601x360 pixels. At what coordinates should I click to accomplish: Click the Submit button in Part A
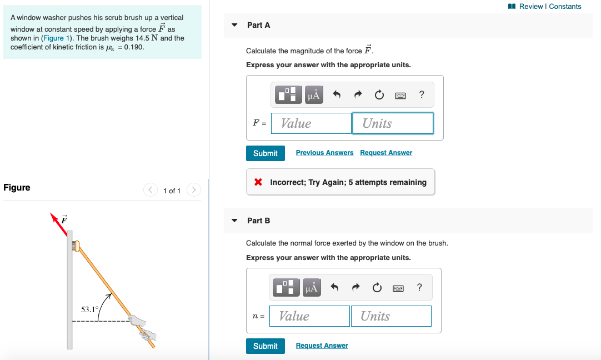coord(265,153)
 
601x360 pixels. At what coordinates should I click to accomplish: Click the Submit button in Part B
coord(265,346)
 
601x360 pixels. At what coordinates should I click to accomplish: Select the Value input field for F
coord(311,123)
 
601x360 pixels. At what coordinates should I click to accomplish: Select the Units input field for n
coord(391,316)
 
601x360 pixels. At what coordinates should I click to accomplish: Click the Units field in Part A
coord(393,123)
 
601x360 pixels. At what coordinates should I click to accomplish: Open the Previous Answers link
coord(324,153)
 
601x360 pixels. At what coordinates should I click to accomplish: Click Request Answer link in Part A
coord(386,153)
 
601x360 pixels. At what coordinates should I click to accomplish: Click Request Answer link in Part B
coord(322,346)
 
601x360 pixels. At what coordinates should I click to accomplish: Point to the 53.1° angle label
coord(89,309)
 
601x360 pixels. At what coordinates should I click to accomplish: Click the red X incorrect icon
coord(258,182)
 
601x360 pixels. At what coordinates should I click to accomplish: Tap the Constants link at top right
coord(565,7)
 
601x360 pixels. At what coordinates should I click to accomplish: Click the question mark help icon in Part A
coord(422,95)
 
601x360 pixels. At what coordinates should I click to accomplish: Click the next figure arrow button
coord(193,191)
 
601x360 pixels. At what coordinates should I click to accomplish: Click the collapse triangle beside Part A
coord(234,25)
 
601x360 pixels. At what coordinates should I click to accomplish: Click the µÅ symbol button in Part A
coord(313,96)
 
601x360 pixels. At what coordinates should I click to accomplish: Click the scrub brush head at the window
coord(77,245)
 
